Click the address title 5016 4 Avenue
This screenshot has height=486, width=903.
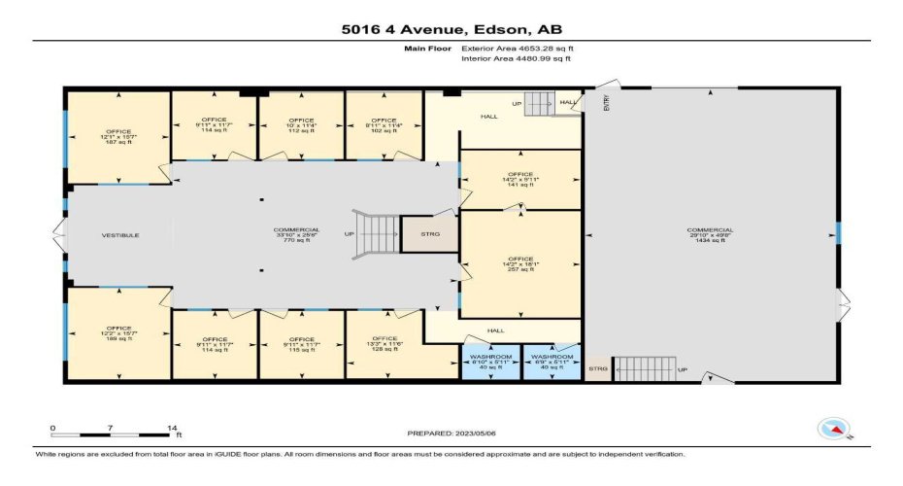click(451, 29)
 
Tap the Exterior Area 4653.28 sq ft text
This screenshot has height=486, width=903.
click(516, 47)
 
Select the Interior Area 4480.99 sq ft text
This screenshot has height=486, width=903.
click(516, 58)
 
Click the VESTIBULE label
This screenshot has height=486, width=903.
click(121, 235)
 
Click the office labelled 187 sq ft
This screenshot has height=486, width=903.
click(118, 137)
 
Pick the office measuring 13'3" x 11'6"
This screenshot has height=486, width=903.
click(385, 344)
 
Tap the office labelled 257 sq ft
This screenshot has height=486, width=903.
click(520, 264)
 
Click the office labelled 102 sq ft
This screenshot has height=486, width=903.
click(385, 125)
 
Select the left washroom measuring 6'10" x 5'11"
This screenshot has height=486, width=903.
click(489, 362)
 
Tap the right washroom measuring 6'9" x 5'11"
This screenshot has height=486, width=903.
click(552, 362)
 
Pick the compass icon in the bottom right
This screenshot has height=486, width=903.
click(834, 428)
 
